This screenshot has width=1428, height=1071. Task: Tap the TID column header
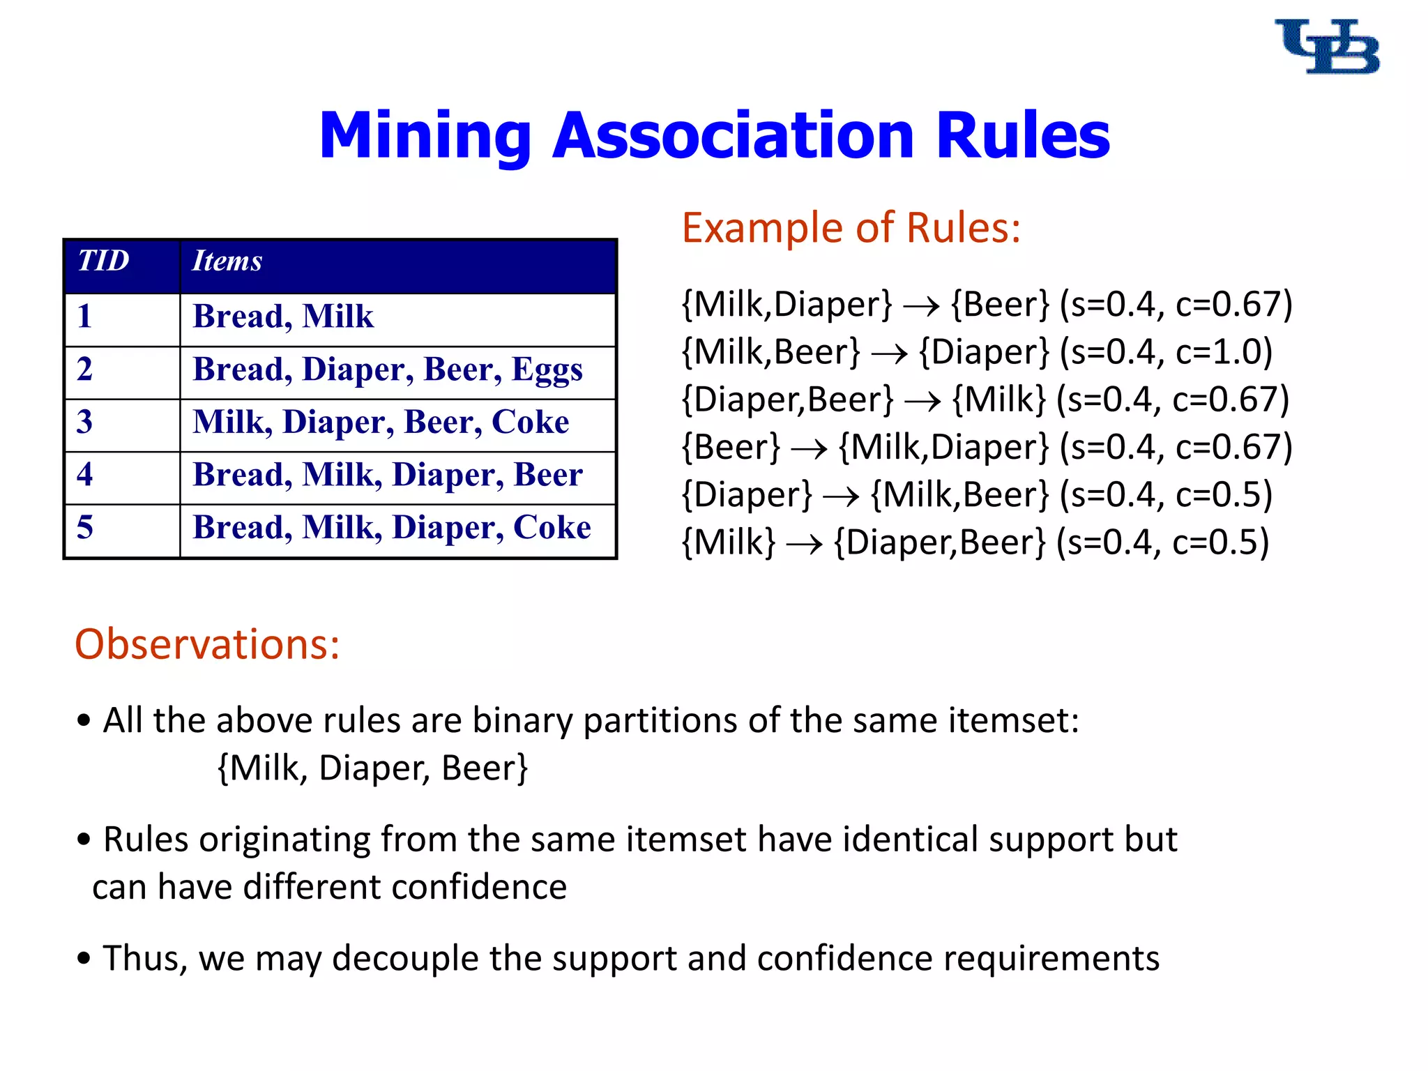point(103,261)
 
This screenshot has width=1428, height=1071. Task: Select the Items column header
point(227,261)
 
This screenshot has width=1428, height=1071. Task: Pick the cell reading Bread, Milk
point(283,317)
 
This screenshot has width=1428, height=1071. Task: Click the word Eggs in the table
point(547,370)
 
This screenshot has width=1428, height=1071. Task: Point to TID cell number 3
point(84,422)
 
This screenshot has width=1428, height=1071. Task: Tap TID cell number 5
point(84,527)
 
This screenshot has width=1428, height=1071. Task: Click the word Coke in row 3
point(530,422)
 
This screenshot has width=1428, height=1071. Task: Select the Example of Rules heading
point(851,228)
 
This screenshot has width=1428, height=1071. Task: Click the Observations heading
point(207,644)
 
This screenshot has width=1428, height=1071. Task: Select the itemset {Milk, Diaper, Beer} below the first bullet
point(373,768)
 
